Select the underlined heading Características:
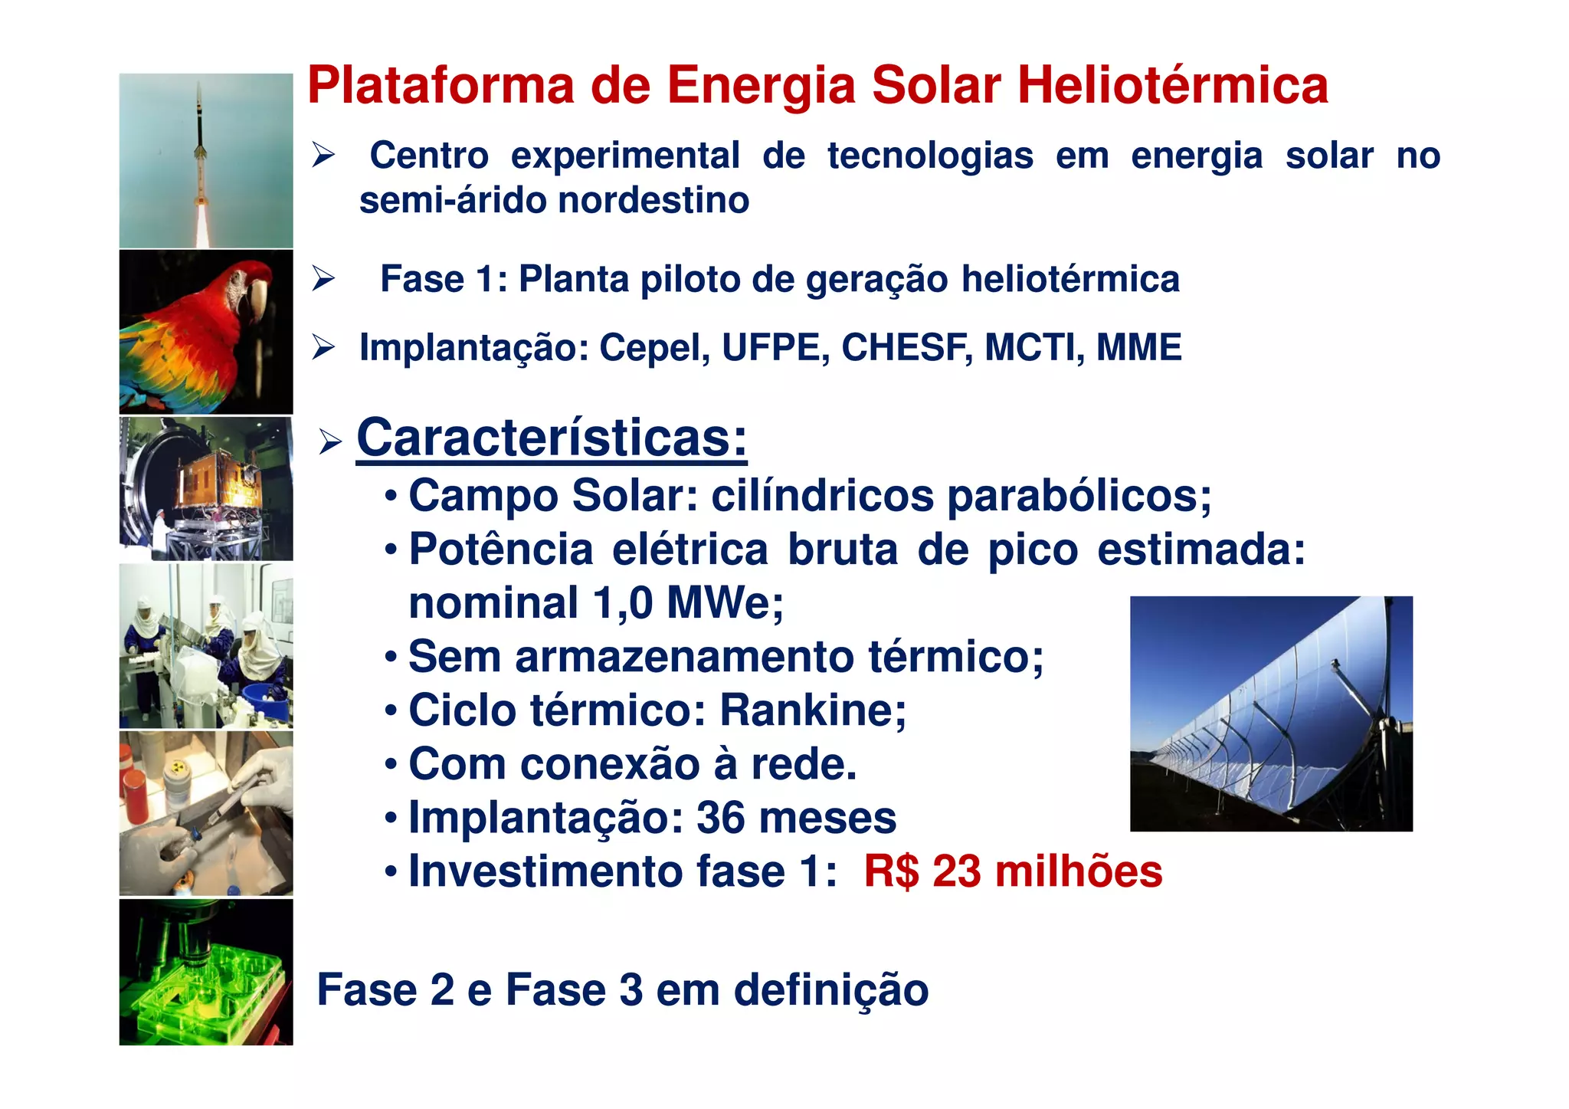552,438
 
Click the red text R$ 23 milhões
1013,871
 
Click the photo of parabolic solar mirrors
1270,713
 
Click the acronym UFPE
775,347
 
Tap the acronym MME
1138,347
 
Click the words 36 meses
796,818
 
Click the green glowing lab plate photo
205,972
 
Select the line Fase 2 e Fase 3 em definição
622,989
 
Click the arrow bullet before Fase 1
323,279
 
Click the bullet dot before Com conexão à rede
391,765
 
